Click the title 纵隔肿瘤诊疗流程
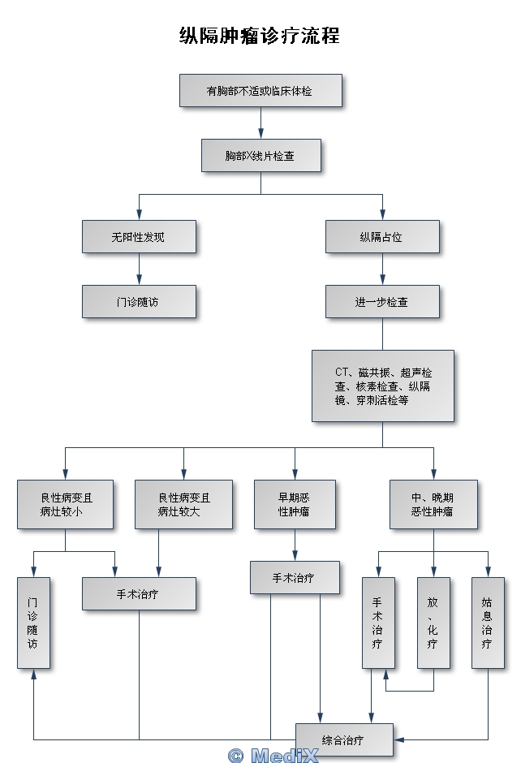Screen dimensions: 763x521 pos(260,36)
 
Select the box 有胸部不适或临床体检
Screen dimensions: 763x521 pos(260,91)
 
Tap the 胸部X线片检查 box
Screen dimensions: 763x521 pos(260,155)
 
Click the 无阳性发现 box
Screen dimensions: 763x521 pos(139,237)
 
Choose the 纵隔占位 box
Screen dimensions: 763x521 pos(382,237)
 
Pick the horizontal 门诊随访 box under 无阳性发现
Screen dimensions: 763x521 pos(139,301)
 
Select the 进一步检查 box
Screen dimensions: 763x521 pos(382,301)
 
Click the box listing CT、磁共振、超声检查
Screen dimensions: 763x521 pos(382,386)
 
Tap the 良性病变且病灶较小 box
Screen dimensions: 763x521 pos(65,504)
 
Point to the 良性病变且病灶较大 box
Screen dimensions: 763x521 pos(183,504)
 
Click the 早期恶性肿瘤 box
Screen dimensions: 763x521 pos(295,504)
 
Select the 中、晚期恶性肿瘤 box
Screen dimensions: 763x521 pos(433,504)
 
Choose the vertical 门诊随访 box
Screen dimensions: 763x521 pos(33,623)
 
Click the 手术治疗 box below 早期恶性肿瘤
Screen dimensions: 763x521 pos(295,577)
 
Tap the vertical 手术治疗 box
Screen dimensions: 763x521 pos(378,623)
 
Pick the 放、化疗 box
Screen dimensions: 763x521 pos(433,623)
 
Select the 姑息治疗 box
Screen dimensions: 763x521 pos(488,623)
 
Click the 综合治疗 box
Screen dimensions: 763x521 pos(344,739)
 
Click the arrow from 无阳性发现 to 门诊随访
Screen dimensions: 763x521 pos(139,269)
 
